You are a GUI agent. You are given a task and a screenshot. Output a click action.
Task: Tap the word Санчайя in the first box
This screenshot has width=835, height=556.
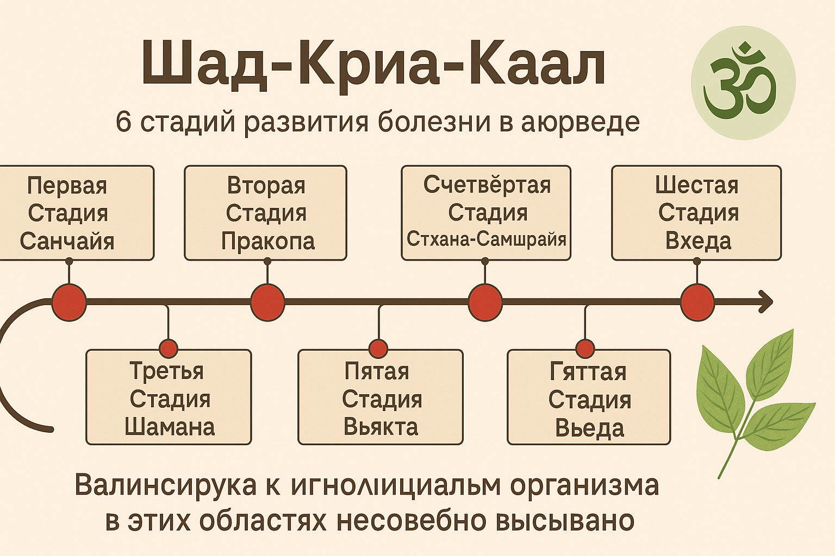point(67,241)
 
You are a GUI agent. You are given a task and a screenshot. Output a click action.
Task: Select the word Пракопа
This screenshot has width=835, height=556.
point(267,241)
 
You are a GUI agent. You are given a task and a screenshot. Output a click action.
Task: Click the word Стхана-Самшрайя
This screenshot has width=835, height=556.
point(486,239)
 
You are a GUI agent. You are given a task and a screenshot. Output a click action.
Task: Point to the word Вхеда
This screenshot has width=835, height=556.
point(698,241)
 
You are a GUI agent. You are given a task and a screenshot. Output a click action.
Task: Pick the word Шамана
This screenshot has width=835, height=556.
point(170,427)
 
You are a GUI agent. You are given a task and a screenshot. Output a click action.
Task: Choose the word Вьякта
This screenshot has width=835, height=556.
point(381,427)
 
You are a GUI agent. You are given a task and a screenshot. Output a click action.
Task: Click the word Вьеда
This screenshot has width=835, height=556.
point(589,428)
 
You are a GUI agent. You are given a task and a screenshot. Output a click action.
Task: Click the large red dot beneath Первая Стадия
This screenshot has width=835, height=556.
point(69,302)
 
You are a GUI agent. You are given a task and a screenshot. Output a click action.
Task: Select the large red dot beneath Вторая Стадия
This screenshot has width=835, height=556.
point(267,302)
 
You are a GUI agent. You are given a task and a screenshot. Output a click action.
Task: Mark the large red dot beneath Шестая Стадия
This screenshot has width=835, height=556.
point(697,302)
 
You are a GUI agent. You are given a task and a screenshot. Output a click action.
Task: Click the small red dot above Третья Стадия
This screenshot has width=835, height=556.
point(169,348)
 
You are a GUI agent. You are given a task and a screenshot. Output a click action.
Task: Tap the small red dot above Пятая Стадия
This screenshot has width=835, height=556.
point(378,348)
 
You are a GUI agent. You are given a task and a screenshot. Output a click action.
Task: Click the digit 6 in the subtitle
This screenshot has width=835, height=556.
point(123,122)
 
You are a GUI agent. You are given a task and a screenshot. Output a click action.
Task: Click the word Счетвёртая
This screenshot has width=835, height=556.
point(487,186)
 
